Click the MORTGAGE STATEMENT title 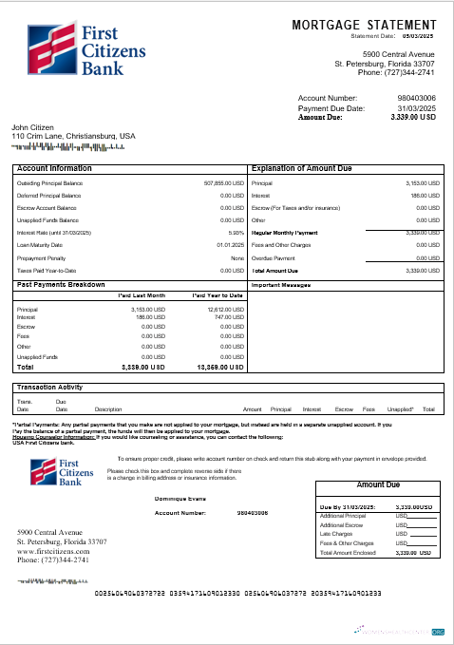click(365, 24)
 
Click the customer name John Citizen click(32, 127)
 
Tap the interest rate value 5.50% click(236, 232)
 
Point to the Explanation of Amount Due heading click(303, 168)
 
